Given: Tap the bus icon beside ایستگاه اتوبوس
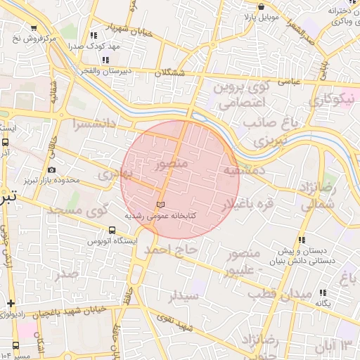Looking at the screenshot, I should [112, 230].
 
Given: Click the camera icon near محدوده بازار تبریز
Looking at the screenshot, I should [51, 170].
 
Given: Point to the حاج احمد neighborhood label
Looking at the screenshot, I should [167, 250].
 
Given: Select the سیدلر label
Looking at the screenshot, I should [184, 295].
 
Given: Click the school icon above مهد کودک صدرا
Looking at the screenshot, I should [94, 35].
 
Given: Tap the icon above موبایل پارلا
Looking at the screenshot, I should [260, 6].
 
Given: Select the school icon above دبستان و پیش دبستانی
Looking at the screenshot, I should [302, 240].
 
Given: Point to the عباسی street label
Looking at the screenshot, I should [291, 81].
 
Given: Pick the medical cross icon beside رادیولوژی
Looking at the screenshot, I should [11, 304].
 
